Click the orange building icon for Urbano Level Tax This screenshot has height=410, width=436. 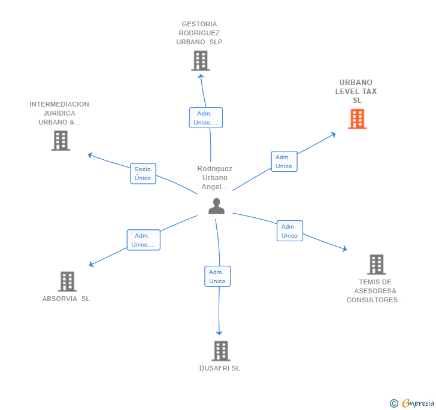pos(357,119)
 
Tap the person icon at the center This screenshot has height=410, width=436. pos(216,206)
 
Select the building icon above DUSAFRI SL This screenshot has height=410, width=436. pos(221,351)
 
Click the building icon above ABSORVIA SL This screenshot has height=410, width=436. pos(67,281)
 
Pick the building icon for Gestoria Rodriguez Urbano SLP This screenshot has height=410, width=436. pos(201,60)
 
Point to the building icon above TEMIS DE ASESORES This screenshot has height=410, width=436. pos(376,264)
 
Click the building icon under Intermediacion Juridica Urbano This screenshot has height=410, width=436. pos(60,141)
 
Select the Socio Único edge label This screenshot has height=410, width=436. pos(143,174)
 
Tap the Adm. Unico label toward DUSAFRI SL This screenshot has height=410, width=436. pos(217,277)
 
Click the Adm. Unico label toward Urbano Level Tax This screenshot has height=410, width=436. pos(284,162)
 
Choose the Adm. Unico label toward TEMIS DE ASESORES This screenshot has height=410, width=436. pos(289,231)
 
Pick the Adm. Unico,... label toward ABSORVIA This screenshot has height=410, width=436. pos(143,240)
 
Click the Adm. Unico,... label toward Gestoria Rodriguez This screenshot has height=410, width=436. pos(205,118)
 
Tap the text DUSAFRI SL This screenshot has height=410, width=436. pos(219,368)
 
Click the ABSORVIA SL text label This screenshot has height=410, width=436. pos(66,299)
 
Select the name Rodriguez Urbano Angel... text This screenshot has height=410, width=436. pos(214,178)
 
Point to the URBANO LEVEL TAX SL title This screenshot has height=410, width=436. pos(357,92)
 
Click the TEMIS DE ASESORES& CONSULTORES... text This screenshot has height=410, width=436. pos(375,291)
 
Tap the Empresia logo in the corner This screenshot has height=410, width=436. pos(412,403)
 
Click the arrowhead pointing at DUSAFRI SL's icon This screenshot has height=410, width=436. pos(219,332)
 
